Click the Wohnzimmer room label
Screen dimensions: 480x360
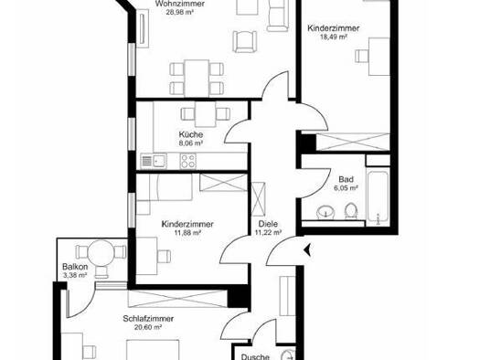click(x=180, y=4)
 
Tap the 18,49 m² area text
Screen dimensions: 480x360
click(x=333, y=37)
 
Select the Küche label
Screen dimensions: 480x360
click(x=191, y=134)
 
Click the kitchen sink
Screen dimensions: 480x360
click(x=154, y=161)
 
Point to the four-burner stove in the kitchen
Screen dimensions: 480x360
click(x=188, y=161)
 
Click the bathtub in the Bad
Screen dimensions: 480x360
click(x=378, y=198)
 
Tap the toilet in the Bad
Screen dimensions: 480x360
click(x=351, y=211)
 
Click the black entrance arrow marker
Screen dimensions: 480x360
click(x=307, y=250)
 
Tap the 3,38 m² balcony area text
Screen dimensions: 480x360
click(x=75, y=275)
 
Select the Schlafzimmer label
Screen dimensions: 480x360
click(x=148, y=318)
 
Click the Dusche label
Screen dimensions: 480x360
click(x=255, y=357)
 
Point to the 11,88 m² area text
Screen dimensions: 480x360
click(x=187, y=233)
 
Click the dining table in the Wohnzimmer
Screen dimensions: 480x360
click(x=197, y=78)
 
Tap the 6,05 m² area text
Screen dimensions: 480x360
click(x=346, y=188)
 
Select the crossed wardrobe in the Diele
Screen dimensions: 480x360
click(x=258, y=199)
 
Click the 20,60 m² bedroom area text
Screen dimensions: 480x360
click(x=148, y=327)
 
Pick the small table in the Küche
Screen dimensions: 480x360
click(x=205, y=114)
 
